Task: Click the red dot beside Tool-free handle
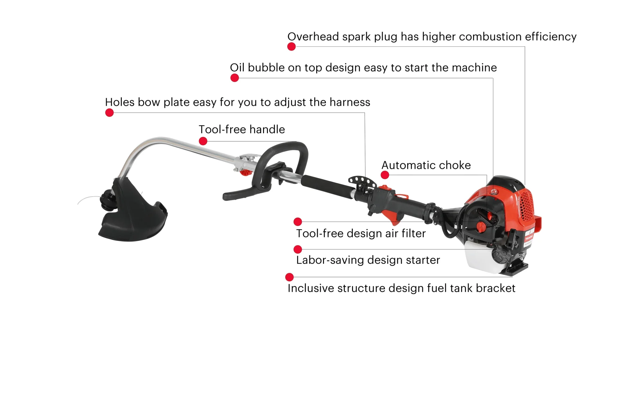tap(203, 141)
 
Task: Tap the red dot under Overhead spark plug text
tap(291, 47)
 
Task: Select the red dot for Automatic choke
tap(385, 175)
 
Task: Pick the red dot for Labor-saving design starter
tap(298, 249)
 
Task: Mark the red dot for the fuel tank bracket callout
tap(290, 277)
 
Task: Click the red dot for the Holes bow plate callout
tap(109, 113)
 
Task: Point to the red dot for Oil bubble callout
tap(235, 78)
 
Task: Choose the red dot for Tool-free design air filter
tap(298, 221)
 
